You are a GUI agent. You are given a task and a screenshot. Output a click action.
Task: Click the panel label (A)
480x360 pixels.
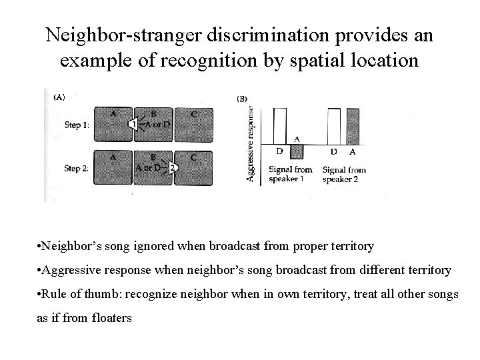pyautogui.click(x=59, y=96)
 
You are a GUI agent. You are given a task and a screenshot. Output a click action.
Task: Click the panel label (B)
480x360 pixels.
pyautogui.click(x=243, y=99)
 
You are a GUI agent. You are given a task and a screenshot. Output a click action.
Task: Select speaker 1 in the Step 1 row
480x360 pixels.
pyautogui.click(x=135, y=124)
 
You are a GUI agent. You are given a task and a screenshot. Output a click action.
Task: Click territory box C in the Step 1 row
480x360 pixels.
pyautogui.click(x=191, y=124)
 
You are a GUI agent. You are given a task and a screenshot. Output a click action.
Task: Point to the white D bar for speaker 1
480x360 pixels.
pyautogui.click(x=279, y=126)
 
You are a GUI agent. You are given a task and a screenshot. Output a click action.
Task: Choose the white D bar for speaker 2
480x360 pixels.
pyautogui.click(x=333, y=126)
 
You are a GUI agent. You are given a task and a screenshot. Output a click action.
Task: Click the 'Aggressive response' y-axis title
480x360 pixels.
pyautogui.click(x=251, y=143)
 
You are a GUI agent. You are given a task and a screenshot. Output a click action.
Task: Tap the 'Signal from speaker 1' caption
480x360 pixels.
pyautogui.click(x=290, y=174)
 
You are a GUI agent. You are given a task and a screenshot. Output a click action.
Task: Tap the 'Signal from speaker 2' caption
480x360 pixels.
pyautogui.click(x=344, y=174)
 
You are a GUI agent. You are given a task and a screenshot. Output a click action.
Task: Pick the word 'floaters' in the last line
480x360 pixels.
pyautogui.click(x=108, y=318)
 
